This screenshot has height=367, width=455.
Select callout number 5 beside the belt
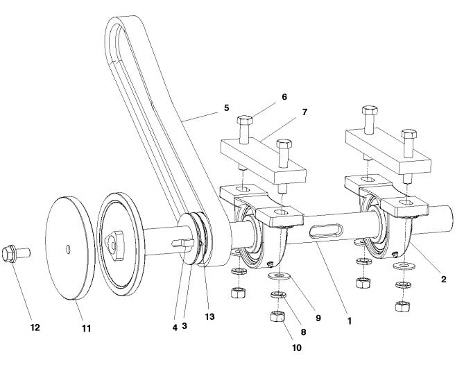pyautogui.click(x=226, y=108)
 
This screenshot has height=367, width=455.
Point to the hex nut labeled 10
pyautogui.click(x=277, y=318)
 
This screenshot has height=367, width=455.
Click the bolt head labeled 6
pyautogui.click(x=246, y=119)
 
